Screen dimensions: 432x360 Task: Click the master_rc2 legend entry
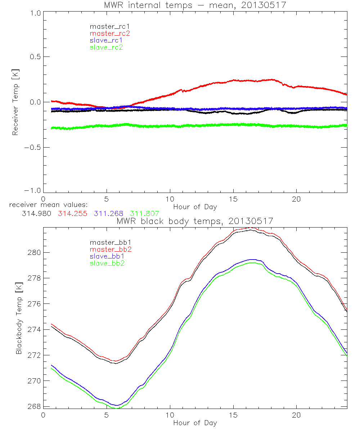point(110,33)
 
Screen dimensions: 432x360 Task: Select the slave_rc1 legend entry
point(106,40)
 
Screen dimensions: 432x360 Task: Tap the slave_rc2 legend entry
point(106,47)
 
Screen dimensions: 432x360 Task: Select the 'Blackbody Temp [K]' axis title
point(19,319)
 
